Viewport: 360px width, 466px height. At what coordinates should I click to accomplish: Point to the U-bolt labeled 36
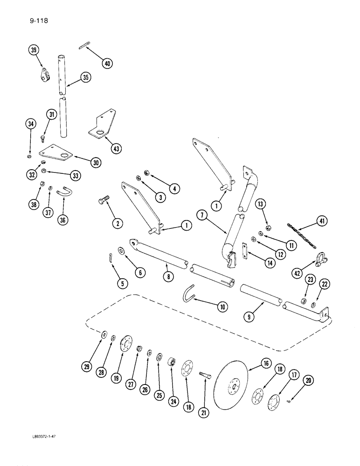[62, 191]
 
